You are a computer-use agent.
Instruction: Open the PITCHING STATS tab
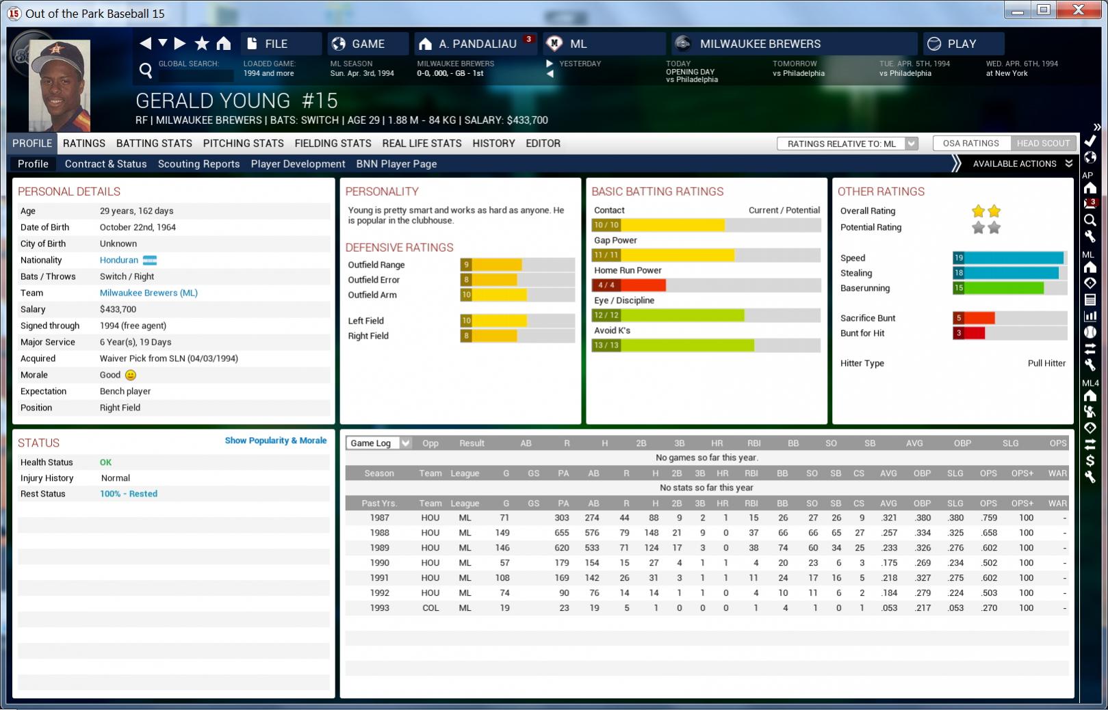click(243, 143)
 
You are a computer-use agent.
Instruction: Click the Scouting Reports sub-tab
click(198, 163)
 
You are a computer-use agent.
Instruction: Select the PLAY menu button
click(962, 44)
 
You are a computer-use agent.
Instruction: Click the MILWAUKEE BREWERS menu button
click(760, 44)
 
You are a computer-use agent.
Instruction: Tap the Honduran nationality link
click(119, 260)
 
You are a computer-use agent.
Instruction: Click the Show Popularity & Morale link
click(276, 441)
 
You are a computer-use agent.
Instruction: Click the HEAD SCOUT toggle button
click(1042, 143)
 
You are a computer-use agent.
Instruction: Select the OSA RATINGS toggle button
click(970, 143)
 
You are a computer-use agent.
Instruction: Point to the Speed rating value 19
click(959, 258)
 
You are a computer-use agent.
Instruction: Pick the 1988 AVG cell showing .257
click(888, 533)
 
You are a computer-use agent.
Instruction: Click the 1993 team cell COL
click(430, 608)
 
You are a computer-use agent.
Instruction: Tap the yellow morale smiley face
click(131, 375)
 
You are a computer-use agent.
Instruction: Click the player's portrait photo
click(60, 86)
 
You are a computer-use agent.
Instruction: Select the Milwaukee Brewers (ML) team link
click(149, 293)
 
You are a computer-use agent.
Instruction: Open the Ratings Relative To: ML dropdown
click(847, 144)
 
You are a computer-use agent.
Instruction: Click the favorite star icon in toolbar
click(202, 44)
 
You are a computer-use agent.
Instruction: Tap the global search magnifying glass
click(145, 70)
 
